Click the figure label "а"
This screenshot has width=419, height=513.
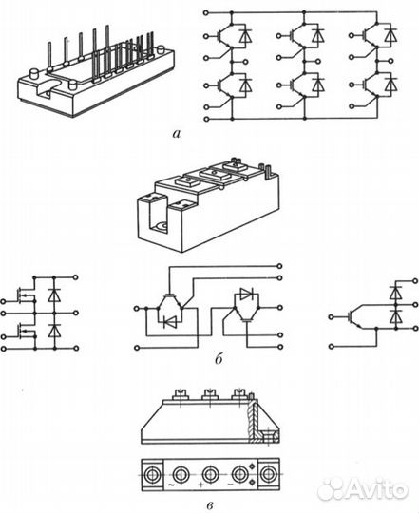click(x=177, y=134)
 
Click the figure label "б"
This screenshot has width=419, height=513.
click(x=219, y=358)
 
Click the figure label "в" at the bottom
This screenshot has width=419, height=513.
click(x=211, y=505)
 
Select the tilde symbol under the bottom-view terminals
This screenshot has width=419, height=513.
click(x=170, y=484)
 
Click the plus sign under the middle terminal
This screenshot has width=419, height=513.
click(x=201, y=484)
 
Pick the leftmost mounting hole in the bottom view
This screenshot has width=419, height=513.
click(x=152, y=474)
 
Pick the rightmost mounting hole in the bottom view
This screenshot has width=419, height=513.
click(x=269, y=474)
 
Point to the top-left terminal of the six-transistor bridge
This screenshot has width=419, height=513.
click(x=206, y=12)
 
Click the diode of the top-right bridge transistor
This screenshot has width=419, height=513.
click(x=390, y=35)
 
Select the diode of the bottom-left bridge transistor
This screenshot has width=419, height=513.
click(x=245, y=85)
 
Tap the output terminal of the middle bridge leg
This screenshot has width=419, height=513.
click(x=318, y=61)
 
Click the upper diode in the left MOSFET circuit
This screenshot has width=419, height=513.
click(x=54, y=295)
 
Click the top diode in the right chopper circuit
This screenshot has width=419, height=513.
click(x=396, y=293)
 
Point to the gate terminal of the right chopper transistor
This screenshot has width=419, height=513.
click(x=332, y=316)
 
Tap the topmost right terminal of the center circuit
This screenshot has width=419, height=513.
click(x=279, y=266)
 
